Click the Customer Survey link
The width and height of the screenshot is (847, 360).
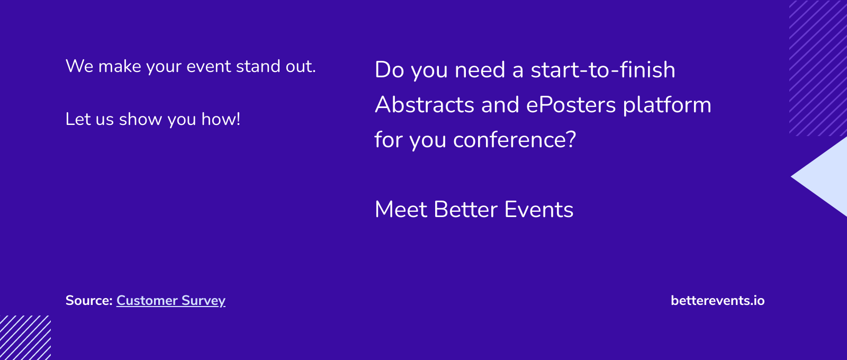171,301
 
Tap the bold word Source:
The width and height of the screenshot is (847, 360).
89,301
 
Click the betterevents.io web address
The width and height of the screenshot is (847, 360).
718,301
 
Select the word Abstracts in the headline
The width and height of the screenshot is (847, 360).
424,104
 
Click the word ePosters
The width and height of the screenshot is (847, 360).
571,104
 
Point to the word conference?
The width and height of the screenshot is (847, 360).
515,139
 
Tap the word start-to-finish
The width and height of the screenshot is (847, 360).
603,69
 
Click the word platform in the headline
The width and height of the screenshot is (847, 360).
667,105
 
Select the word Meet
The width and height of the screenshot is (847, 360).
401,209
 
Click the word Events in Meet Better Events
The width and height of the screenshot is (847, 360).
539,209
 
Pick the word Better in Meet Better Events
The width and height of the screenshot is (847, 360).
465,209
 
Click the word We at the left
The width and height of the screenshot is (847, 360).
79,66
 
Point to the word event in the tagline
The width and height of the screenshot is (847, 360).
209,67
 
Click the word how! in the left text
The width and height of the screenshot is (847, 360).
221,119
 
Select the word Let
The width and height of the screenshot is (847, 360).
78,119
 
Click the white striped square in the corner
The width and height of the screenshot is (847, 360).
25,338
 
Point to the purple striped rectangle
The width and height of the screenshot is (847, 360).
818,68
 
